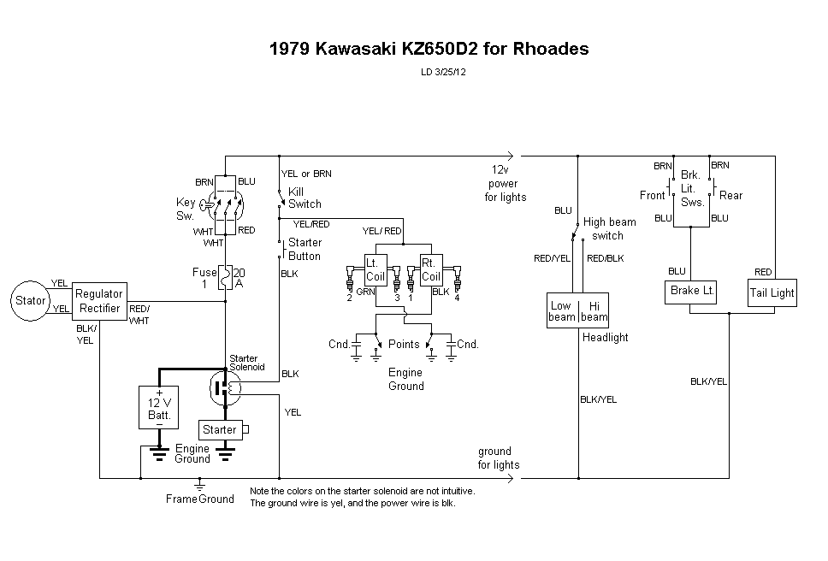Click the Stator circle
point(31,300)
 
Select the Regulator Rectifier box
point(99,300)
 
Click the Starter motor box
point(221,429)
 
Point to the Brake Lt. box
point(690,291)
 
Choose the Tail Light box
point(772,292)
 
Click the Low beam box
point(562,311)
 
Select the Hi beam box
point(594,311)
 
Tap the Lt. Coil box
point(376,269)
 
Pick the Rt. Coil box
point(431,269)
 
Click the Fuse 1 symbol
point(226,278)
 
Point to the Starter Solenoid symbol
point(226,388)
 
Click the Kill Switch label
point(305,198)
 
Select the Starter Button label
point(305,249)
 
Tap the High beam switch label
point(609,228)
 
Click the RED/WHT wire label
point(139,315)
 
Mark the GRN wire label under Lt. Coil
point(366,292)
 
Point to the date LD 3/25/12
point(442,72)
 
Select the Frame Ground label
point(199,499)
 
